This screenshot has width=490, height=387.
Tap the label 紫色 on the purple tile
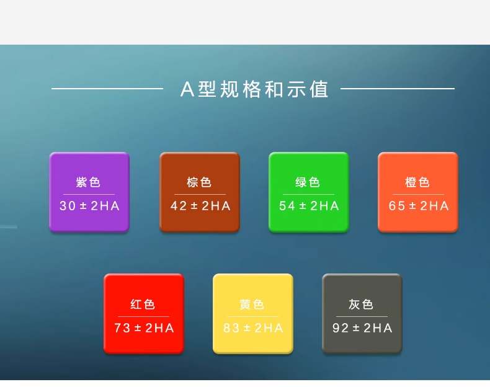[89, 182]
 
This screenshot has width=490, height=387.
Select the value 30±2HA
[89, 206]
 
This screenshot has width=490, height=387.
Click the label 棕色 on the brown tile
[199, 182]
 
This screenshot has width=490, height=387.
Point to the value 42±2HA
[200, 206]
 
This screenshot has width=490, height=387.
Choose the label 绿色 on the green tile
[308, 182]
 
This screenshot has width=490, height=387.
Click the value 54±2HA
[309, 206]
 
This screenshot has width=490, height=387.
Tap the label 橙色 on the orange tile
[417, 182]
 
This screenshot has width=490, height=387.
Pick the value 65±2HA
[418, 206]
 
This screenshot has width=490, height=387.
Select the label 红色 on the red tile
[143, 305]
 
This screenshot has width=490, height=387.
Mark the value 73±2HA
[144, 328]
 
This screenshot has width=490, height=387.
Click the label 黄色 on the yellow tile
[252, 305]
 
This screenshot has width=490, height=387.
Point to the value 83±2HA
[253, 328]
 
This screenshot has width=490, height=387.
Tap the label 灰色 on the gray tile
[362, 305]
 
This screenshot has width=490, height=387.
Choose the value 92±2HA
[362, 328]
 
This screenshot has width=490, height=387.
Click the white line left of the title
[107, 89]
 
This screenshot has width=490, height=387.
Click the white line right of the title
[398, 89]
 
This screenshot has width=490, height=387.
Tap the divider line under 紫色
[89, 194]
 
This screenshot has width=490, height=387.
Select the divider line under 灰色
[362, 316]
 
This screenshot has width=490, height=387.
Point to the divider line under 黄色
[252, 316]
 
